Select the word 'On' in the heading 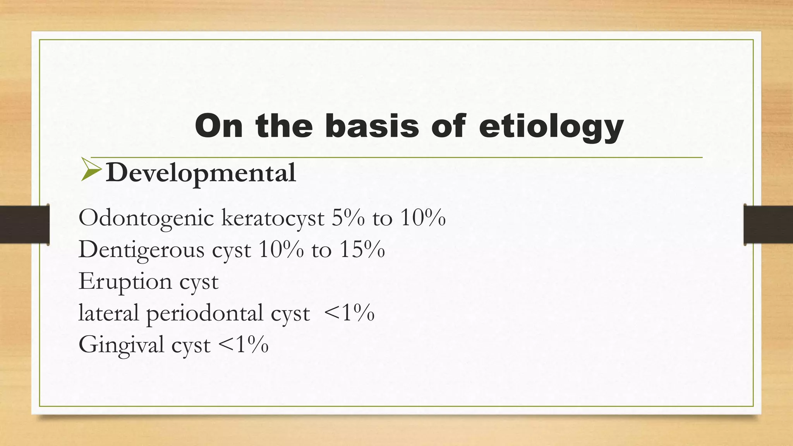tap(219, 126)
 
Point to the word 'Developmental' tap(201, 173)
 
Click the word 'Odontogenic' tap(146, 218)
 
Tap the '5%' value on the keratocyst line tap(348, 218)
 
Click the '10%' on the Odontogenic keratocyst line tap(423, 218)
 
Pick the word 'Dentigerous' tap(141, 250)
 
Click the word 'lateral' tap(108, 312)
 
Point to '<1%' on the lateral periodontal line tap(349, 312)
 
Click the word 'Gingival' tap(121, 345)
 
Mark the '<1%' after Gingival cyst tap(243, 344)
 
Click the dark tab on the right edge tap(768, 225)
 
